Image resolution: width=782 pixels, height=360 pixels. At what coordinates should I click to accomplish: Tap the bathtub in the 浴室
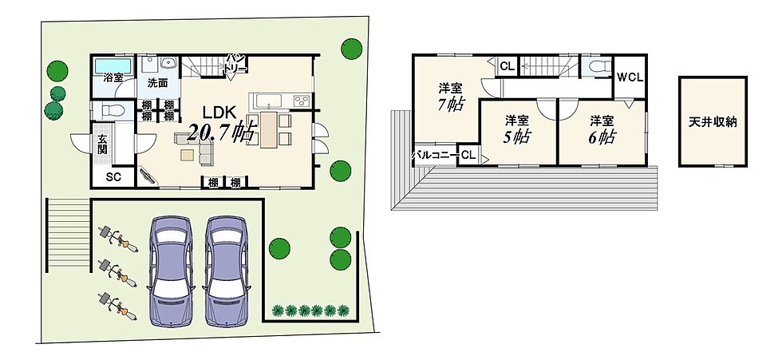coord(113,65)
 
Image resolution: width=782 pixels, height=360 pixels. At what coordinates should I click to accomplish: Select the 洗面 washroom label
coord(158,83)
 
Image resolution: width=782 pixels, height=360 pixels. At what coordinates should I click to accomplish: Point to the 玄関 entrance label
coord(103,144)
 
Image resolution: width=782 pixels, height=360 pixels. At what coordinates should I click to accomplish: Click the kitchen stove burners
coord(302,101)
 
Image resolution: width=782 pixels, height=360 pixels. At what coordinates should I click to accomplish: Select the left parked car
coord(171,271)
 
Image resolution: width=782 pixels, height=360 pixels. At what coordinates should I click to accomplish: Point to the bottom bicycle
coord(118,305)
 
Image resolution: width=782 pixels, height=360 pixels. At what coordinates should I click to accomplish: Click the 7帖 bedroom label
coord(450,97)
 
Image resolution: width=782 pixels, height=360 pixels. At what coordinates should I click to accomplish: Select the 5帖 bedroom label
coord(517,129)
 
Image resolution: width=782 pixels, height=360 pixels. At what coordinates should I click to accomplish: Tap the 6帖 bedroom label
coord(602,129)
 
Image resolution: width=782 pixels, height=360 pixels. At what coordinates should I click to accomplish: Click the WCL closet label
coord(630,77)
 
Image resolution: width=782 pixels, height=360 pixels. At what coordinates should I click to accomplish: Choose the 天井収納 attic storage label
coord(712,122)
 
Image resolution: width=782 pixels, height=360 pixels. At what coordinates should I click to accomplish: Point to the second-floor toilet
coord(597,66)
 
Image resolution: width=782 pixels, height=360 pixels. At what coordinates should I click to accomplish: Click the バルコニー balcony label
coord(434,156)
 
